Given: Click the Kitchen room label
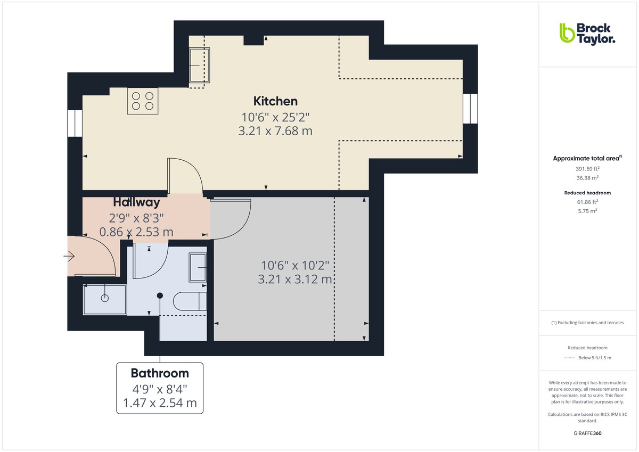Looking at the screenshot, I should point(275,101).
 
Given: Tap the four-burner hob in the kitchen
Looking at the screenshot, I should point(143,101).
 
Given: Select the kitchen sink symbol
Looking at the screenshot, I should point(200,65).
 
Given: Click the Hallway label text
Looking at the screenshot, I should point(136,202).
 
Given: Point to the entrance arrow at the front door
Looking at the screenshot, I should point(69,257).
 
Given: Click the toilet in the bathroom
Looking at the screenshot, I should point(190,301).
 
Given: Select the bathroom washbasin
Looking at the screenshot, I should point(198,267).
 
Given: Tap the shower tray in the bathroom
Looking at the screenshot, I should point(105,300).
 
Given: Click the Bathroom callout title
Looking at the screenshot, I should point(160,373).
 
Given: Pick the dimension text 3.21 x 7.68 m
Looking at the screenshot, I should point(275,130).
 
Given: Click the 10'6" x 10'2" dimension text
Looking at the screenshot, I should point(295,265).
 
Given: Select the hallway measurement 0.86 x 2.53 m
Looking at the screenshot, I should point(136,232).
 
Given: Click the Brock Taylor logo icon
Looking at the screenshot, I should point(567,33).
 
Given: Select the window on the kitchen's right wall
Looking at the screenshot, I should point(470,108).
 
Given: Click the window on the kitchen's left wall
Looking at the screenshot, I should point(75,124).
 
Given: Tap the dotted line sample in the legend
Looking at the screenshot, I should point(570,358).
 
